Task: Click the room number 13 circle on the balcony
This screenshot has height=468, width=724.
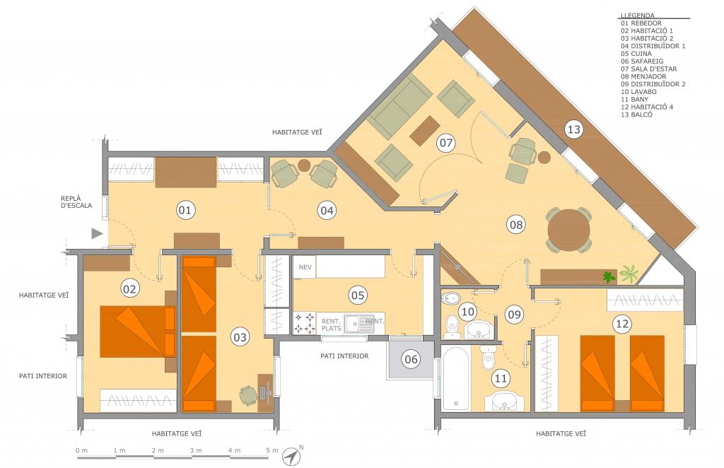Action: coord(573,129)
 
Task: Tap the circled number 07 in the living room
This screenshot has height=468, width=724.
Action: coord(446,143)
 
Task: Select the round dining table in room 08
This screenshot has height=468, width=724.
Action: coord(568,230)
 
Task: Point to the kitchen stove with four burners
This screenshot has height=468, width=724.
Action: coord(305,322)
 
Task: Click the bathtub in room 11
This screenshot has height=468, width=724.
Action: coord(456,378)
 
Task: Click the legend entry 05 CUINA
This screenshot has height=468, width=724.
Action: coord(636,54)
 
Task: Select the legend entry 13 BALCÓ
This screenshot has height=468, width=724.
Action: coord(637,115)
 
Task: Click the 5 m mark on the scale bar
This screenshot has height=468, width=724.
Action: coord(272,450)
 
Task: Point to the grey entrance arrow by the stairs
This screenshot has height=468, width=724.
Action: coord(97,233)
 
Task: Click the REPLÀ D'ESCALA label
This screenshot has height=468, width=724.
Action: coord(76,201)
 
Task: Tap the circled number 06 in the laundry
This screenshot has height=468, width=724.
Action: coord(411,359)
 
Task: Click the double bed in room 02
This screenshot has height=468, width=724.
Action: coord(138,332)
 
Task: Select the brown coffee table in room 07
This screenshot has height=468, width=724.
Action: coord(425,131)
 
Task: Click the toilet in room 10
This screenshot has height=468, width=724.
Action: coord(451,325)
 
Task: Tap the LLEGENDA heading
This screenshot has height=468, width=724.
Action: coord(637,16)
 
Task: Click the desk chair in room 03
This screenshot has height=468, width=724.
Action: coord(248,396)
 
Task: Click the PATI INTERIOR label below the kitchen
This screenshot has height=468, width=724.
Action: coord(344,356)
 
